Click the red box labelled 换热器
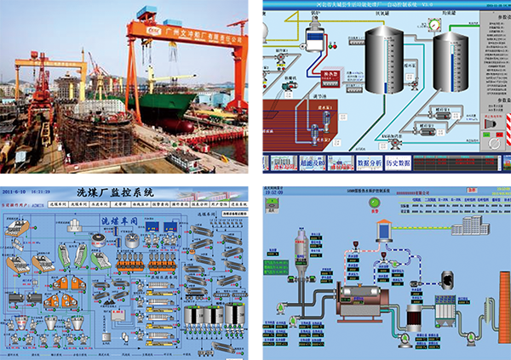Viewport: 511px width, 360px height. (x=327, y=76)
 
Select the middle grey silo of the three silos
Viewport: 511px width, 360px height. (x=206, y=316)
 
